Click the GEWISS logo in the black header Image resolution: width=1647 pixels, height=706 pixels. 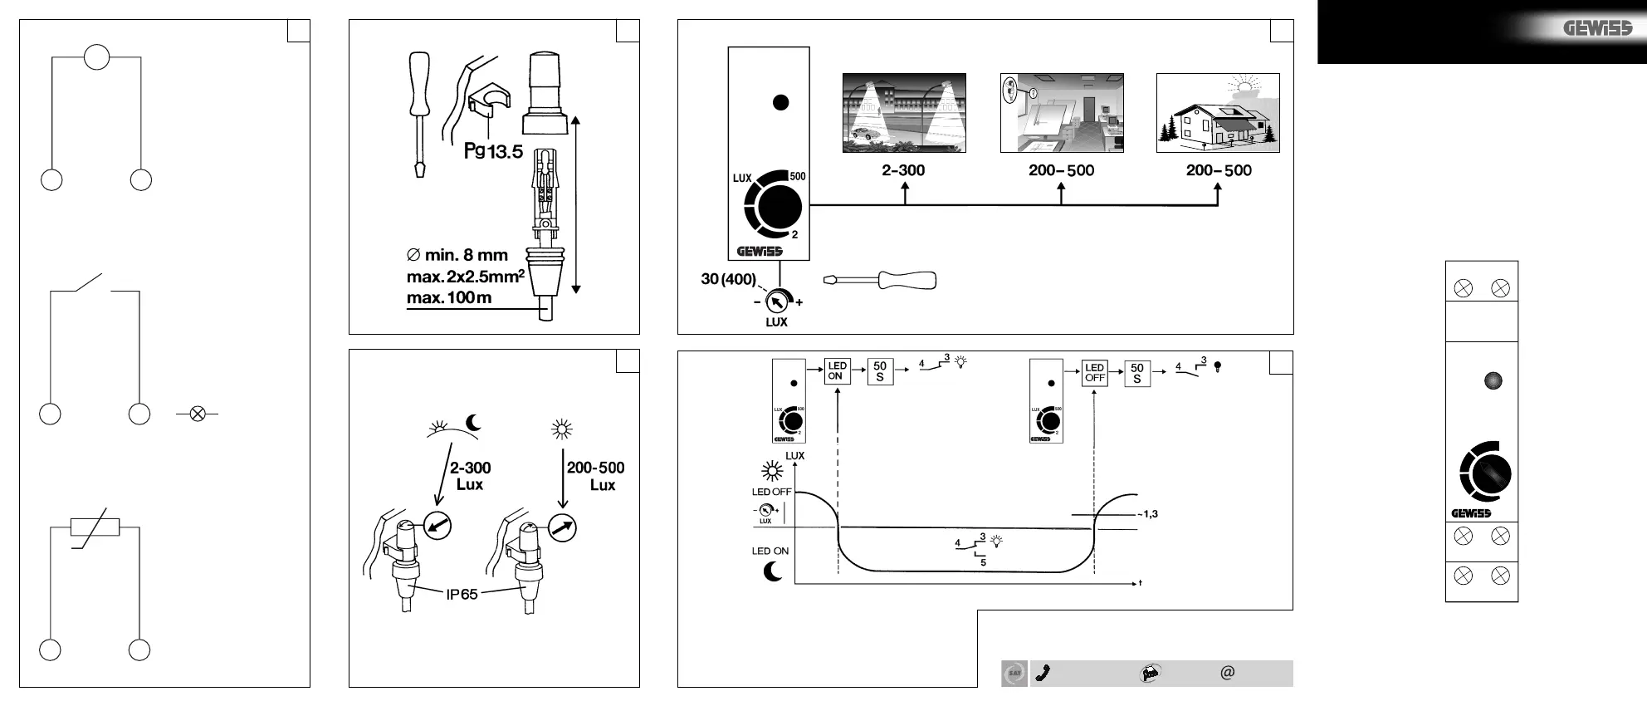click(1597, 29)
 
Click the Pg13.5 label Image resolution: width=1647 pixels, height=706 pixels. click(493, 151)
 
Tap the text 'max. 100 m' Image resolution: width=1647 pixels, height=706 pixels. click(449, 297)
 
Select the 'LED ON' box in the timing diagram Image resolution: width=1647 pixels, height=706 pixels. click(836, 371)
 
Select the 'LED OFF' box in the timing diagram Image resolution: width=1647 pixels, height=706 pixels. click(1095, 372)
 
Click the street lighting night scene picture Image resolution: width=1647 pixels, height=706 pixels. click(904, 113)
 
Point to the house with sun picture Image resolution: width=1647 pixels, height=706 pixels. click(1218, 113)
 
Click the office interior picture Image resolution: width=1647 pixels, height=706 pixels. click(1061, 113)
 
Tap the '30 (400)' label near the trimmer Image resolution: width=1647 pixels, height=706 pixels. click(728, 279)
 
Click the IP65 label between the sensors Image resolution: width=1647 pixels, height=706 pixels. click(462, 594)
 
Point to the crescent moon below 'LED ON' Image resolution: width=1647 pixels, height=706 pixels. click(773, 571)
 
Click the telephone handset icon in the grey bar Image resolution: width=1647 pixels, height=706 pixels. click(1043, 673)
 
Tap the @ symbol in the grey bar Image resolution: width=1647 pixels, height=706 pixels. click(1228, 672)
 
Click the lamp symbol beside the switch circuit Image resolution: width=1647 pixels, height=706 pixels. click(198, 413)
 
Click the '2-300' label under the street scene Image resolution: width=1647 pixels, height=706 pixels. click(903, 170)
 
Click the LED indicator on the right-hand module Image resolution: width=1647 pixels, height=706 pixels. click(1493, 381)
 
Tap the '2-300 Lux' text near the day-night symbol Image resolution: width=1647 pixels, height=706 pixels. click(470, 476)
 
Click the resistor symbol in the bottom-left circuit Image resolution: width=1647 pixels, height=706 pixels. click(95, 528)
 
